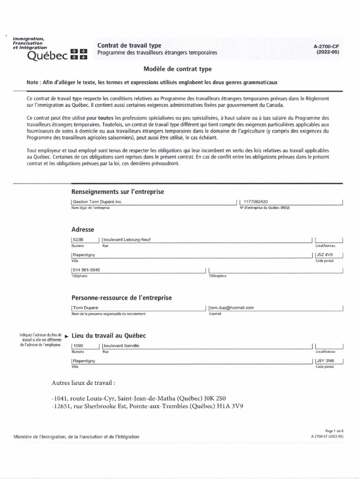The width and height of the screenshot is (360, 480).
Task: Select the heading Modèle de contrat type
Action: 178,69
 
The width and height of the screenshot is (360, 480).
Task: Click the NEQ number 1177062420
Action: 260,202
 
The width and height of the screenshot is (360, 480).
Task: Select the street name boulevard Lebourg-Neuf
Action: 127,240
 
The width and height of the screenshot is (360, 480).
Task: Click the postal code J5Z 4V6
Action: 325,255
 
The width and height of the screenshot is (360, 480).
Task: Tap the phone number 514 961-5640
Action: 86,270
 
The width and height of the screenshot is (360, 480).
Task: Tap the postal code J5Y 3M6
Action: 325,361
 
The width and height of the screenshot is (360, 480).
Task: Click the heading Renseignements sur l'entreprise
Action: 118,192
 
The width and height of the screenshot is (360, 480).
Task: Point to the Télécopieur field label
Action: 217,276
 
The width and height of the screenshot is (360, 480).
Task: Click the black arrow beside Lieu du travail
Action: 66,336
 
